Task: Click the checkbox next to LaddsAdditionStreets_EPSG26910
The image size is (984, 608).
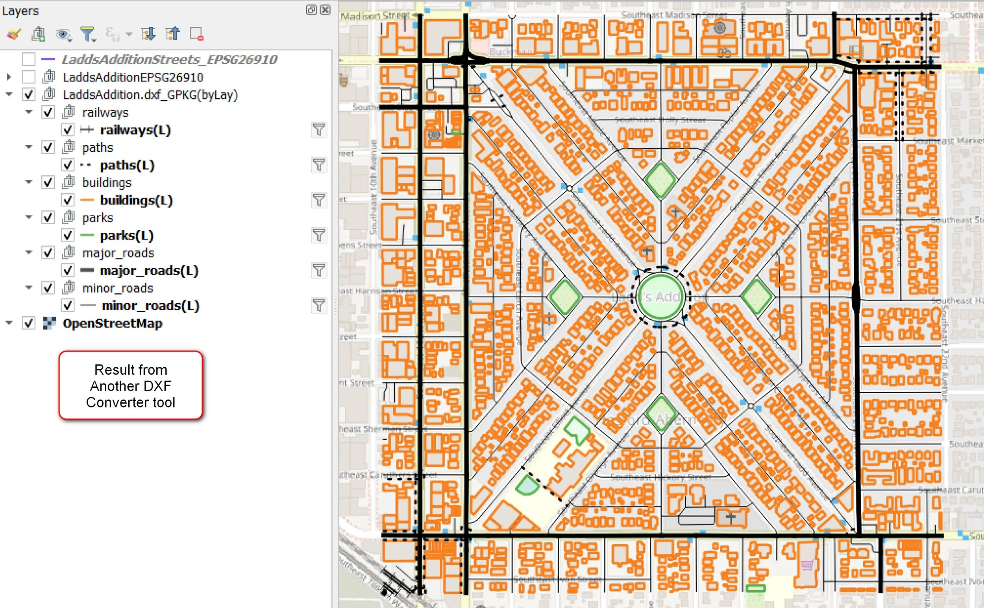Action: (28, 59)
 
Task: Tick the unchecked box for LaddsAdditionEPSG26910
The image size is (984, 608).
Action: (28, 77)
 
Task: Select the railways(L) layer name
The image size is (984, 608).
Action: (135, 130)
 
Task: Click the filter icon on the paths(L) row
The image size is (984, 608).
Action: (318, 165)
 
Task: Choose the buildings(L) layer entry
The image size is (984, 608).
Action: (136, 200)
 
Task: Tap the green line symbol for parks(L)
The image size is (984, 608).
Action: (87, 235)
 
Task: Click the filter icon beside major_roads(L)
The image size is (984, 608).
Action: (318, 270)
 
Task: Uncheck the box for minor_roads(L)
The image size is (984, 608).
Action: (68, 306)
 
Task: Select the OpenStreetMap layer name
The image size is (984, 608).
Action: (112, 323)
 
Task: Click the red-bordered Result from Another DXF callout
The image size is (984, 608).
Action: (130, 385)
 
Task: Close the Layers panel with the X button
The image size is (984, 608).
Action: (325, 10)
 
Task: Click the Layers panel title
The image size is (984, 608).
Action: (20, 11)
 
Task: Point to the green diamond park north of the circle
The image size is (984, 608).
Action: (660, 180)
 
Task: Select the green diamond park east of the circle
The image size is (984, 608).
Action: (756, 297)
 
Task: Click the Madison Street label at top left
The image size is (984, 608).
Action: (375, 16)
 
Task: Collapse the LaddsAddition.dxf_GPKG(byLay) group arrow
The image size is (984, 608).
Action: (9, 94)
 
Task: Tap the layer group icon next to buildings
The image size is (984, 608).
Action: (68, 182)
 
